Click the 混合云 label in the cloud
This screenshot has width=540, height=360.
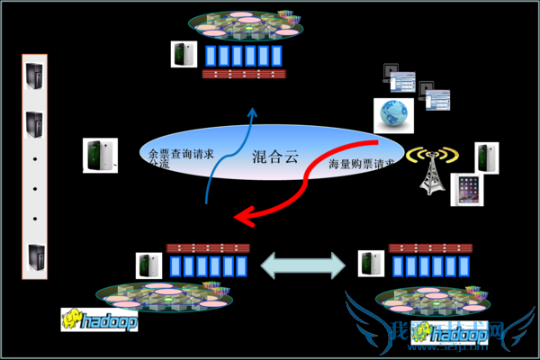[x=274, y=157]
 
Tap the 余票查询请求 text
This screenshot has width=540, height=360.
[x=181, y=154]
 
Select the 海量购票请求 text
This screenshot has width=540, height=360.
[x=362, y=164]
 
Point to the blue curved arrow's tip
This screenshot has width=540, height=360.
[x=253, y=111]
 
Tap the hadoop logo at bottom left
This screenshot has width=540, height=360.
[x=100, y=319]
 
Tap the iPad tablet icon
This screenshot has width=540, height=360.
[x=467, y=190]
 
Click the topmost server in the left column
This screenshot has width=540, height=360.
[x=34, y=76]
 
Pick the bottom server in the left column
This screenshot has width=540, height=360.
[x=34, y=259]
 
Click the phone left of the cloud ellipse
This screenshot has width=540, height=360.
[x=98, y=156]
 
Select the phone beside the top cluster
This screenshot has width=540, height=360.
[x=184, y=54]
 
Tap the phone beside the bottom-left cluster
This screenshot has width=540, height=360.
[x=148, y=265]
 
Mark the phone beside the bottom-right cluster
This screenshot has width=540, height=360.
[x=370, y=264]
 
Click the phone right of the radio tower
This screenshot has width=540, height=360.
[x=487, y=157]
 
